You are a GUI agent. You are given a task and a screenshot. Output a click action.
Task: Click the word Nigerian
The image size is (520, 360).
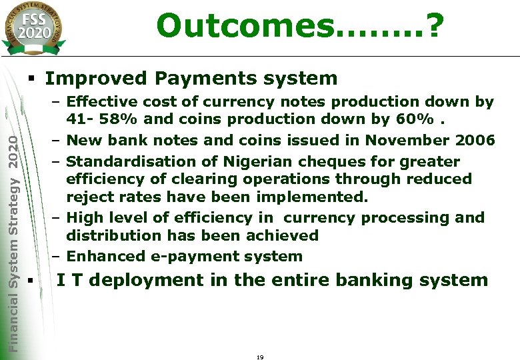[x=249, y=162]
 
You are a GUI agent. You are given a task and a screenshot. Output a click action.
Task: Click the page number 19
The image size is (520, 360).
[x=260, y=357]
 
